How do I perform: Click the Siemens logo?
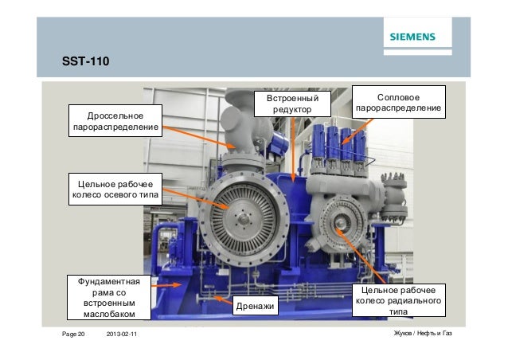tap(412, 37)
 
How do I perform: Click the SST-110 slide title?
tap(85, 61)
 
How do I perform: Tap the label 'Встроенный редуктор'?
tap(292, 104)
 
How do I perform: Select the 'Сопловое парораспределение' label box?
tap(398, 102)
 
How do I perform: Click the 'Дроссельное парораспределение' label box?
tap(115, 120)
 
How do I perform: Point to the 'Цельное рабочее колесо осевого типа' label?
tap(115, 189)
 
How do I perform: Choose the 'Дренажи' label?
tap(256, 306)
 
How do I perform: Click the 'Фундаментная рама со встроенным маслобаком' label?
tap(109, 297)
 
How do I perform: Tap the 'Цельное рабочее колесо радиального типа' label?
tap(398, 300)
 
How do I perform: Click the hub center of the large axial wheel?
tap(244, 220)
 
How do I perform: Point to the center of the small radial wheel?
tap(340, 223)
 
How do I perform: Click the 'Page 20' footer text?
tap(73, 334)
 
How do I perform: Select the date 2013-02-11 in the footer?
tap(122, 334)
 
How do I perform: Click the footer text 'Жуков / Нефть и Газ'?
tap(423, 333)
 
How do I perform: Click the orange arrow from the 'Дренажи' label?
tap(223, 299)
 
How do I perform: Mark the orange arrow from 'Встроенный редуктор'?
tap(293, 150)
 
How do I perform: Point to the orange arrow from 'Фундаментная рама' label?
tap(166, 285)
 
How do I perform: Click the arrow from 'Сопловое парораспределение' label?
tap(358, 131)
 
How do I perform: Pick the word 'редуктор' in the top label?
tap(292, 110)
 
